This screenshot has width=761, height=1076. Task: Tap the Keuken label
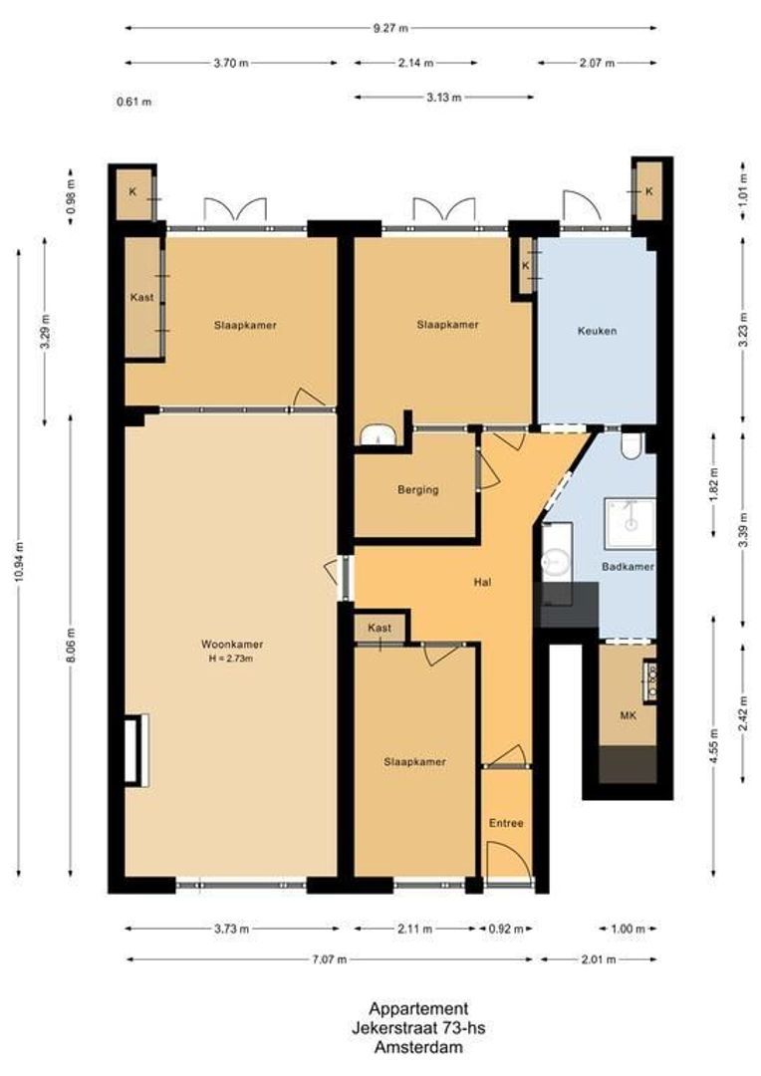tap(597, 331)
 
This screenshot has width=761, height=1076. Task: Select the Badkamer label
tap(628, 567)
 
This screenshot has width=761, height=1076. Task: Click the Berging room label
tap(417, 489)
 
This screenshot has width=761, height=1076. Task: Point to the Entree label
tap(505, 823)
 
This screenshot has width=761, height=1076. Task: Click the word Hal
tap(485, 583)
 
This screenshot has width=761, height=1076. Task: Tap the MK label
tap(628, 715)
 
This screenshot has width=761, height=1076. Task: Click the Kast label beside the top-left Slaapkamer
tap(140, 297)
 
